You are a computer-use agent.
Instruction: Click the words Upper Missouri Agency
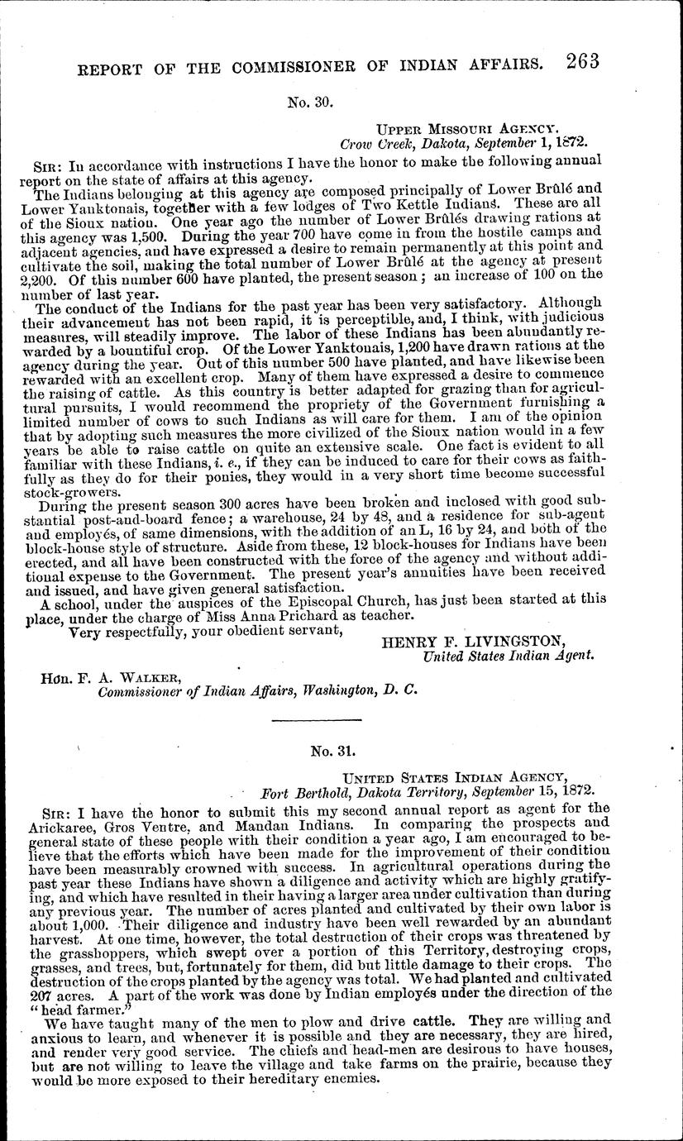(468, 129)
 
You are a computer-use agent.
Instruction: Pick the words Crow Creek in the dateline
(374, 143)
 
